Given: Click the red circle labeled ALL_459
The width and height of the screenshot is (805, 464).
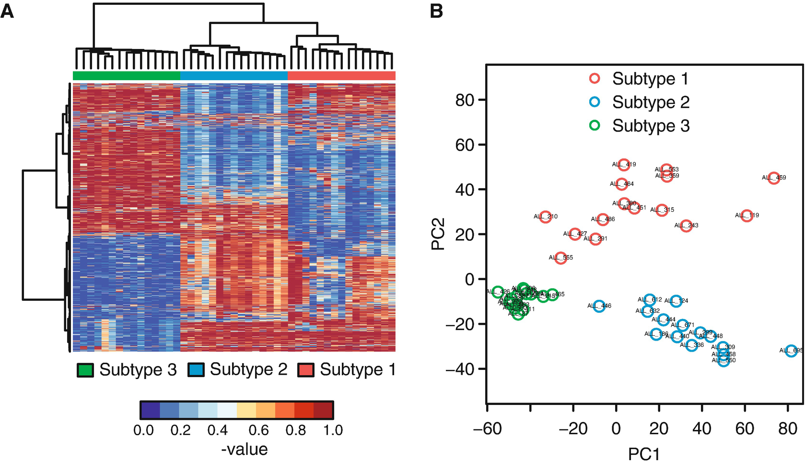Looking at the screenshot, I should (x=773, y=178).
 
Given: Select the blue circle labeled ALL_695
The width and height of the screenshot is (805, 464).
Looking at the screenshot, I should (x=791, y=351).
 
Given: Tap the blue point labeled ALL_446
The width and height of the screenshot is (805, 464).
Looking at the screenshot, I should (x=599, y=306).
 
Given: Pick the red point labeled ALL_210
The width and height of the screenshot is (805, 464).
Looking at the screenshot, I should (x=545, y=217).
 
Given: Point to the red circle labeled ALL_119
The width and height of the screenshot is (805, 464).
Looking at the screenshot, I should (x=746, y=215).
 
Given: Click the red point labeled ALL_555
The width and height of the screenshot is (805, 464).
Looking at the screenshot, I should (x=560, y=258).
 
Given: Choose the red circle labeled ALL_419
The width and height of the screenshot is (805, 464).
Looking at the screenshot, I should (x=623, y=165).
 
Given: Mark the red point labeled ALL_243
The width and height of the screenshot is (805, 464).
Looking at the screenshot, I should (x=686, y=226).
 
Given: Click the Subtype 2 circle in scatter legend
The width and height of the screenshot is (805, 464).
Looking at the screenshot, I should (x=595, y=102).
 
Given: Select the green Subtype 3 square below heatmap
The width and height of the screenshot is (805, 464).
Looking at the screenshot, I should (x=85, y=370).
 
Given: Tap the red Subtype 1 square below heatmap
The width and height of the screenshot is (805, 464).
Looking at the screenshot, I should (x=306, y=370).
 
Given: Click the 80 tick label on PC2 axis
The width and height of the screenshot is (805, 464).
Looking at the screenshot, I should (x=464, y=100).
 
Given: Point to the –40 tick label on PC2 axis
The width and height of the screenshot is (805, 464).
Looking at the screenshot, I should (x=459, y=369).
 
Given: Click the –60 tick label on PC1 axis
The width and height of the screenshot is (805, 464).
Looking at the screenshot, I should (x=487, y=428).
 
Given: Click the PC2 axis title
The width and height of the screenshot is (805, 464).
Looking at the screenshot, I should (x=438, y=234).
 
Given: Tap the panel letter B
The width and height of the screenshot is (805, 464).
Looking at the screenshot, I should (x=436, y=11).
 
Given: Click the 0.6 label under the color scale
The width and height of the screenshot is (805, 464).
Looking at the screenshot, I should (x=259, y=430).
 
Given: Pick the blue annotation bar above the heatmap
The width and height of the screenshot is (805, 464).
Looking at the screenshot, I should (x=233, y=76).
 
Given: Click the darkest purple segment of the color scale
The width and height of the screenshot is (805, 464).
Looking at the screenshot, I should (x=151, y=411).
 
